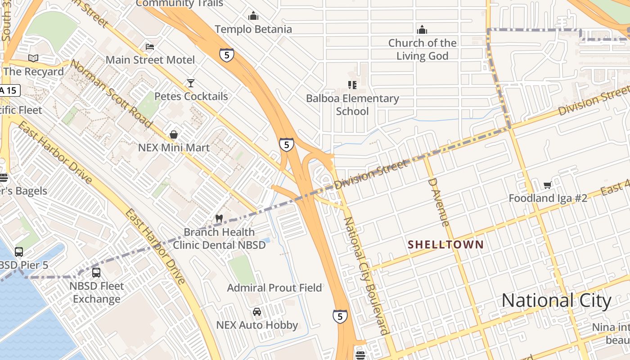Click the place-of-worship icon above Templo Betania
tap(253, 16)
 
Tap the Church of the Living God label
tap(422, 49)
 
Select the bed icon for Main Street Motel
tap(150, 47)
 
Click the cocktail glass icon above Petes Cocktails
tap(191, 83)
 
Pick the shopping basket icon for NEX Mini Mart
tap(174, 135)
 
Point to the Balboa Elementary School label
tap(352, 105)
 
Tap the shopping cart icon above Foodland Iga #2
tap(548, 185)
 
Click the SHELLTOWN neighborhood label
tap(445, 245)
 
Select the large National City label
tap(556, 301)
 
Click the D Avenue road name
tap(438, 202)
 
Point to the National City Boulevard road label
tap(366, 275)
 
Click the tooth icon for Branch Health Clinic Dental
tap(219, 218)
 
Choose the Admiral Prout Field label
tap(274, 288)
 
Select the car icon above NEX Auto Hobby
tap(257, 311)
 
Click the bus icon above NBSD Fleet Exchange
tap(96, 272)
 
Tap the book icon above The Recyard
tap(33, 58)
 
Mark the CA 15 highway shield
tap(9, 90)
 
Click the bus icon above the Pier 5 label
tap(19, 252)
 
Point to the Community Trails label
tap(179, 4)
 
